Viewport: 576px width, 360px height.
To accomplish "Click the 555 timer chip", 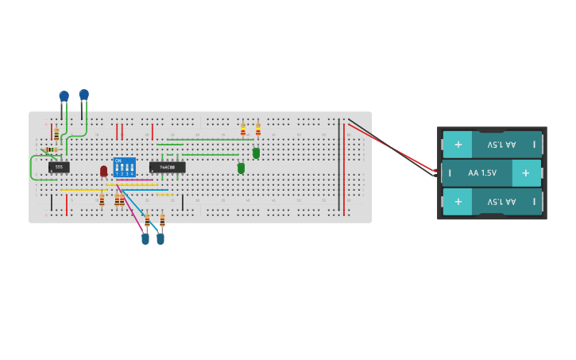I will tap(59, 167).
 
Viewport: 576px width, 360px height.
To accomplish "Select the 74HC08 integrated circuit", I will tap(168, 167).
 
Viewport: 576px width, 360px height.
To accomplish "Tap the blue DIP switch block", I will tap(125, 167).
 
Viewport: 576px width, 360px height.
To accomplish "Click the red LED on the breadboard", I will tap(103, 171).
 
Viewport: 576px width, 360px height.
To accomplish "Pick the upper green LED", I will tap(256, 153).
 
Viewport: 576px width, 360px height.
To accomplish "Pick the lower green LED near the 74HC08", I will tap(241, 168).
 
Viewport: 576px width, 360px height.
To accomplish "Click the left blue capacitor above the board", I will tap(64, 97).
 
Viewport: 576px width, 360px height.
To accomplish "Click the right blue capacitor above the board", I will tap(83, 95).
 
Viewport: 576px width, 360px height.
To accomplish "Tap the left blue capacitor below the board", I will tap(145, 238).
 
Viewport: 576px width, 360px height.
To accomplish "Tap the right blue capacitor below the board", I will tap(160, 238).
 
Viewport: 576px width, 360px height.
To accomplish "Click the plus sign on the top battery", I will tap(458, 145).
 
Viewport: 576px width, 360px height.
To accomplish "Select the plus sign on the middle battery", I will tap(525, 172).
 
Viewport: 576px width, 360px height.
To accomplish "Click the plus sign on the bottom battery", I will tap(458, 202).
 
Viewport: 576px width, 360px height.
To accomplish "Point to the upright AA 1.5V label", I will tap(482, 172).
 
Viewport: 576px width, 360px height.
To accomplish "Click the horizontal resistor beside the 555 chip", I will tap(51, 149).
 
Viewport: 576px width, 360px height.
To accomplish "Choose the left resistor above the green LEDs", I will tap(243, 130).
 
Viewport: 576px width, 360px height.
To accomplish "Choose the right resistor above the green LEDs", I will tap(257, 130).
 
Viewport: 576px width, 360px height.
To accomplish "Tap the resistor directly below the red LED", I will tap(102, 200).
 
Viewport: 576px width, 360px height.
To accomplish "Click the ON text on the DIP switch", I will tap(118, 161).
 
